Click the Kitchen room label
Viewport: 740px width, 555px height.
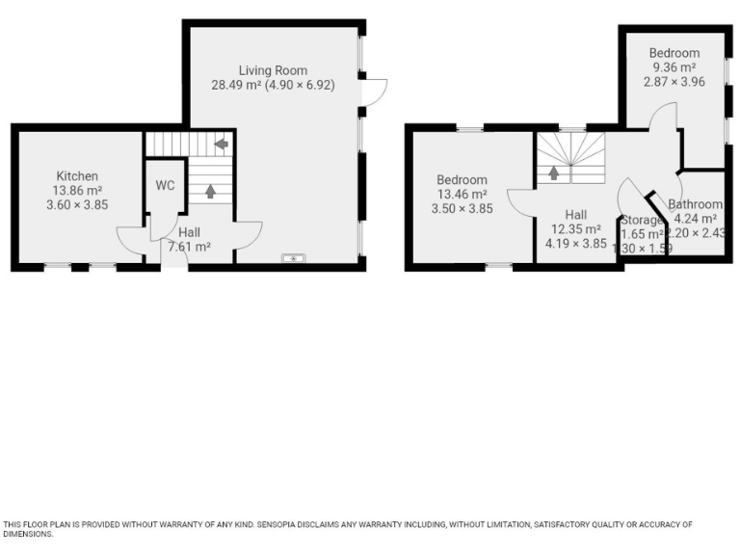(x=77, y=175)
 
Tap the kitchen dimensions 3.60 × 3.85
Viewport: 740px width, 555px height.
(x=77, y=204)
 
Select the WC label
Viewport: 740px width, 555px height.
(x=165, y=185)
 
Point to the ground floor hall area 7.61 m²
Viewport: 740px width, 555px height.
(x=190, y=247)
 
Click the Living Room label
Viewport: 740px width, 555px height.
(x=273, y=70)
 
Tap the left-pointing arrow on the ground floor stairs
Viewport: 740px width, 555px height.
(x=222, y=145)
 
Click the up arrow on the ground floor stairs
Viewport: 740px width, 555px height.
(x=210, y=191)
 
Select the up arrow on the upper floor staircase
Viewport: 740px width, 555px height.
(x=555, y=173)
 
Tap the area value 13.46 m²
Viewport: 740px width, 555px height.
(x=462, y=194)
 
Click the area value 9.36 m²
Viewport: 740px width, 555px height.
(x=674, y=67)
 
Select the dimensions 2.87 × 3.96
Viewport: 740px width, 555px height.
(x=674, y=82)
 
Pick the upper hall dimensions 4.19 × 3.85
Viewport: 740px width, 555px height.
(x=576, y=244)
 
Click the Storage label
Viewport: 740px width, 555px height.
(x=642, y=221)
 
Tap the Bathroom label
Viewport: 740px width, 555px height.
(x=696, y=204)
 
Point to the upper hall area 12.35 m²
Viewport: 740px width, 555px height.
(x=576, y=229)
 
